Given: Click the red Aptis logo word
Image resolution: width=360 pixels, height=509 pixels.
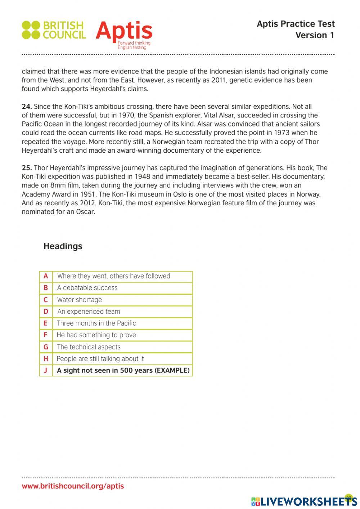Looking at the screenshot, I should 124,31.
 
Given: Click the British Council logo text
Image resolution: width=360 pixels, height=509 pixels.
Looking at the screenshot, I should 64,30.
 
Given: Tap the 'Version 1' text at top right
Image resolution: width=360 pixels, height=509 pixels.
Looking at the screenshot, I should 315,35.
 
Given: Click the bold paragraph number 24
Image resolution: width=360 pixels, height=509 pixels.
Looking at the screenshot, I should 27,107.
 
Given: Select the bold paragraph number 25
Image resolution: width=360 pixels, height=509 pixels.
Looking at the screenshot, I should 27,168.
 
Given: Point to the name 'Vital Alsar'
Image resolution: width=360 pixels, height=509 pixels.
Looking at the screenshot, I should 220,115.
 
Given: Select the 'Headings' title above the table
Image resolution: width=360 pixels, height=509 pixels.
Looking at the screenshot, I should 63,246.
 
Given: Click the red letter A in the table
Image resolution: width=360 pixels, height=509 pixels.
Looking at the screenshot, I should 46,276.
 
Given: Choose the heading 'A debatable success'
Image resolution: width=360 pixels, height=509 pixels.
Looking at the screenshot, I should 87,288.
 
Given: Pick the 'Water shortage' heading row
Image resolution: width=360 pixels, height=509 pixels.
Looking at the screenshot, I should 79,300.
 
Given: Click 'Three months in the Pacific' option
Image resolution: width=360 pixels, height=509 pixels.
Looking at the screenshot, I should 96,323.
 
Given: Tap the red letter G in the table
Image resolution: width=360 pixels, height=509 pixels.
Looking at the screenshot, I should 46,347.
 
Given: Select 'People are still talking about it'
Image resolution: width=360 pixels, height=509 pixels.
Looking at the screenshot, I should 100,359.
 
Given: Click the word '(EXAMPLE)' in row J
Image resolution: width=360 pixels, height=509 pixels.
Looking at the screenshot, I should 172,371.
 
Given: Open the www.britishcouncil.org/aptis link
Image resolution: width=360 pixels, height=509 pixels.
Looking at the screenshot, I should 73,486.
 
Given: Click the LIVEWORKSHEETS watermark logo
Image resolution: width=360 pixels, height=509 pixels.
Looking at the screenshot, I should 304,501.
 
